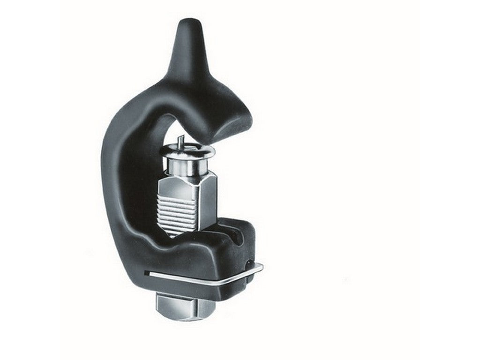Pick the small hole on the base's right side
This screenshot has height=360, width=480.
click(248, 260)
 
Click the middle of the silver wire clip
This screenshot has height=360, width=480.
click(202, 279)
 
